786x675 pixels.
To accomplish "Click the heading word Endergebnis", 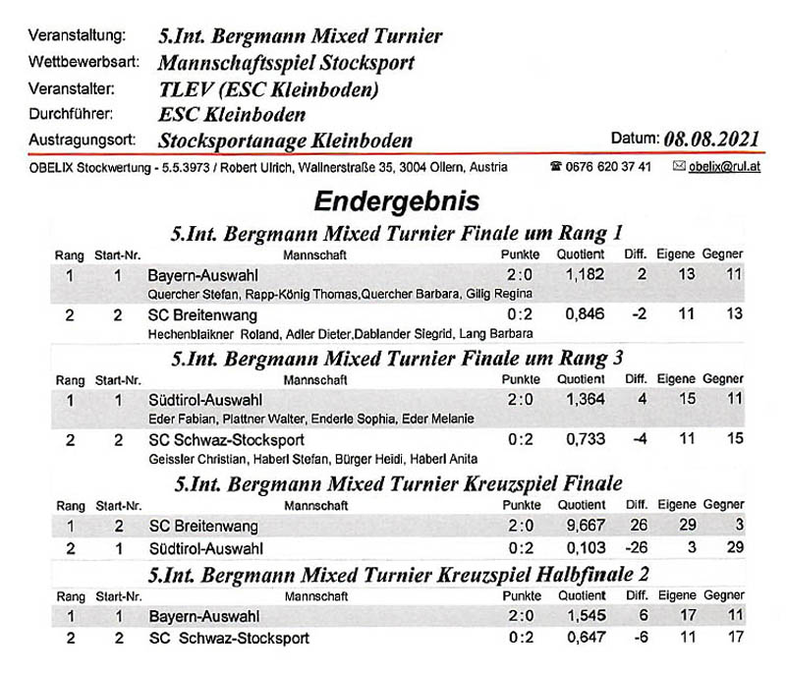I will tap(396, 201).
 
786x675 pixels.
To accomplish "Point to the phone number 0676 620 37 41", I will tap(607, 167).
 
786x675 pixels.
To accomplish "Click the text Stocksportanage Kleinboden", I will tap(285, 140).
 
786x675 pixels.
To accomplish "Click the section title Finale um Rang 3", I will tap(396, 358).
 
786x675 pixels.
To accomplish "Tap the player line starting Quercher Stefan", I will tap(339, 293).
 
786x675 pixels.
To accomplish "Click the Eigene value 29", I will tap(687, 526).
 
